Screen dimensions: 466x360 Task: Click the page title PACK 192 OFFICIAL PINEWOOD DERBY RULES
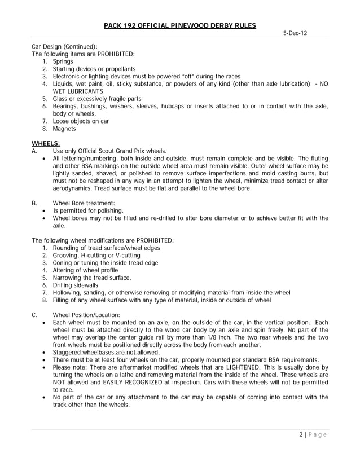coord(180,25)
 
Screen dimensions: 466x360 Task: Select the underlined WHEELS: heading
coord(46,143)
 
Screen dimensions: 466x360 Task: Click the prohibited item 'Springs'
coord(63,61)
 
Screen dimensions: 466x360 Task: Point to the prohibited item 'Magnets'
coord(65,129)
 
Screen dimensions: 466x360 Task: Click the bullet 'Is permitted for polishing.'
coord(87,210)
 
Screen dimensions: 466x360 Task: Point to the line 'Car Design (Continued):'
coord(64,46)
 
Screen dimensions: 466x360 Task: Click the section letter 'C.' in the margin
coord(35,315)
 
